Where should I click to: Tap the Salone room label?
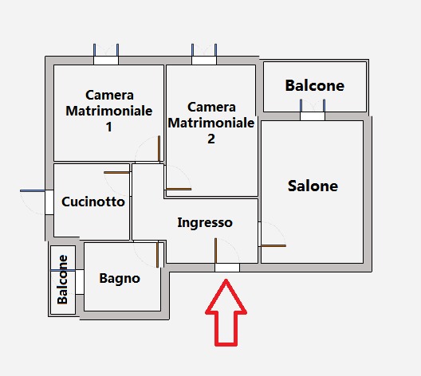coord(313,186)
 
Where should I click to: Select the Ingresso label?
coord(205,223)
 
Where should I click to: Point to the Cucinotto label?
coord(93,202)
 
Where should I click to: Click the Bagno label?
coord(120,279)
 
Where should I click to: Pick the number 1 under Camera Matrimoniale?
coord(108,127)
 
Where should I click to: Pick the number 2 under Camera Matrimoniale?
coord(211,139)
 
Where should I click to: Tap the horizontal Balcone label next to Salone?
coord(315,85)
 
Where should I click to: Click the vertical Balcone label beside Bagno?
coord(62,280)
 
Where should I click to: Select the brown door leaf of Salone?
coord(273,245)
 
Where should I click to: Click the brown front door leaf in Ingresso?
coord(215,250)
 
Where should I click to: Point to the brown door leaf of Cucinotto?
coord(116,172)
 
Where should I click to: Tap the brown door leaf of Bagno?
coord(158,255)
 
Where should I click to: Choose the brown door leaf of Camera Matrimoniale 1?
coord(159,148)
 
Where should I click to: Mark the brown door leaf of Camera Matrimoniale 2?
coord(179,189)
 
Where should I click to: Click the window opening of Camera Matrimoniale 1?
coord(106,61)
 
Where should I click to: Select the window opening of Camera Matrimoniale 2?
coord(204,61)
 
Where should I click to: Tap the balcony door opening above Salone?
coord(313,116)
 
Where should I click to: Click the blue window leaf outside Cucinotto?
coord(33,190)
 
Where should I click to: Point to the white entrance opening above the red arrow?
coord(227,268)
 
